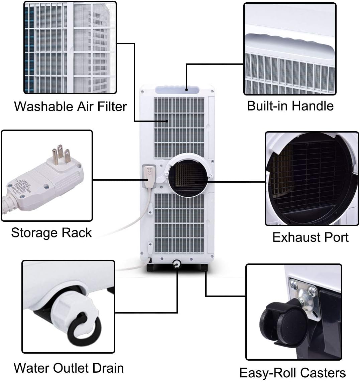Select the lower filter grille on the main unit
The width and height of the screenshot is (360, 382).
point(179,222)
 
